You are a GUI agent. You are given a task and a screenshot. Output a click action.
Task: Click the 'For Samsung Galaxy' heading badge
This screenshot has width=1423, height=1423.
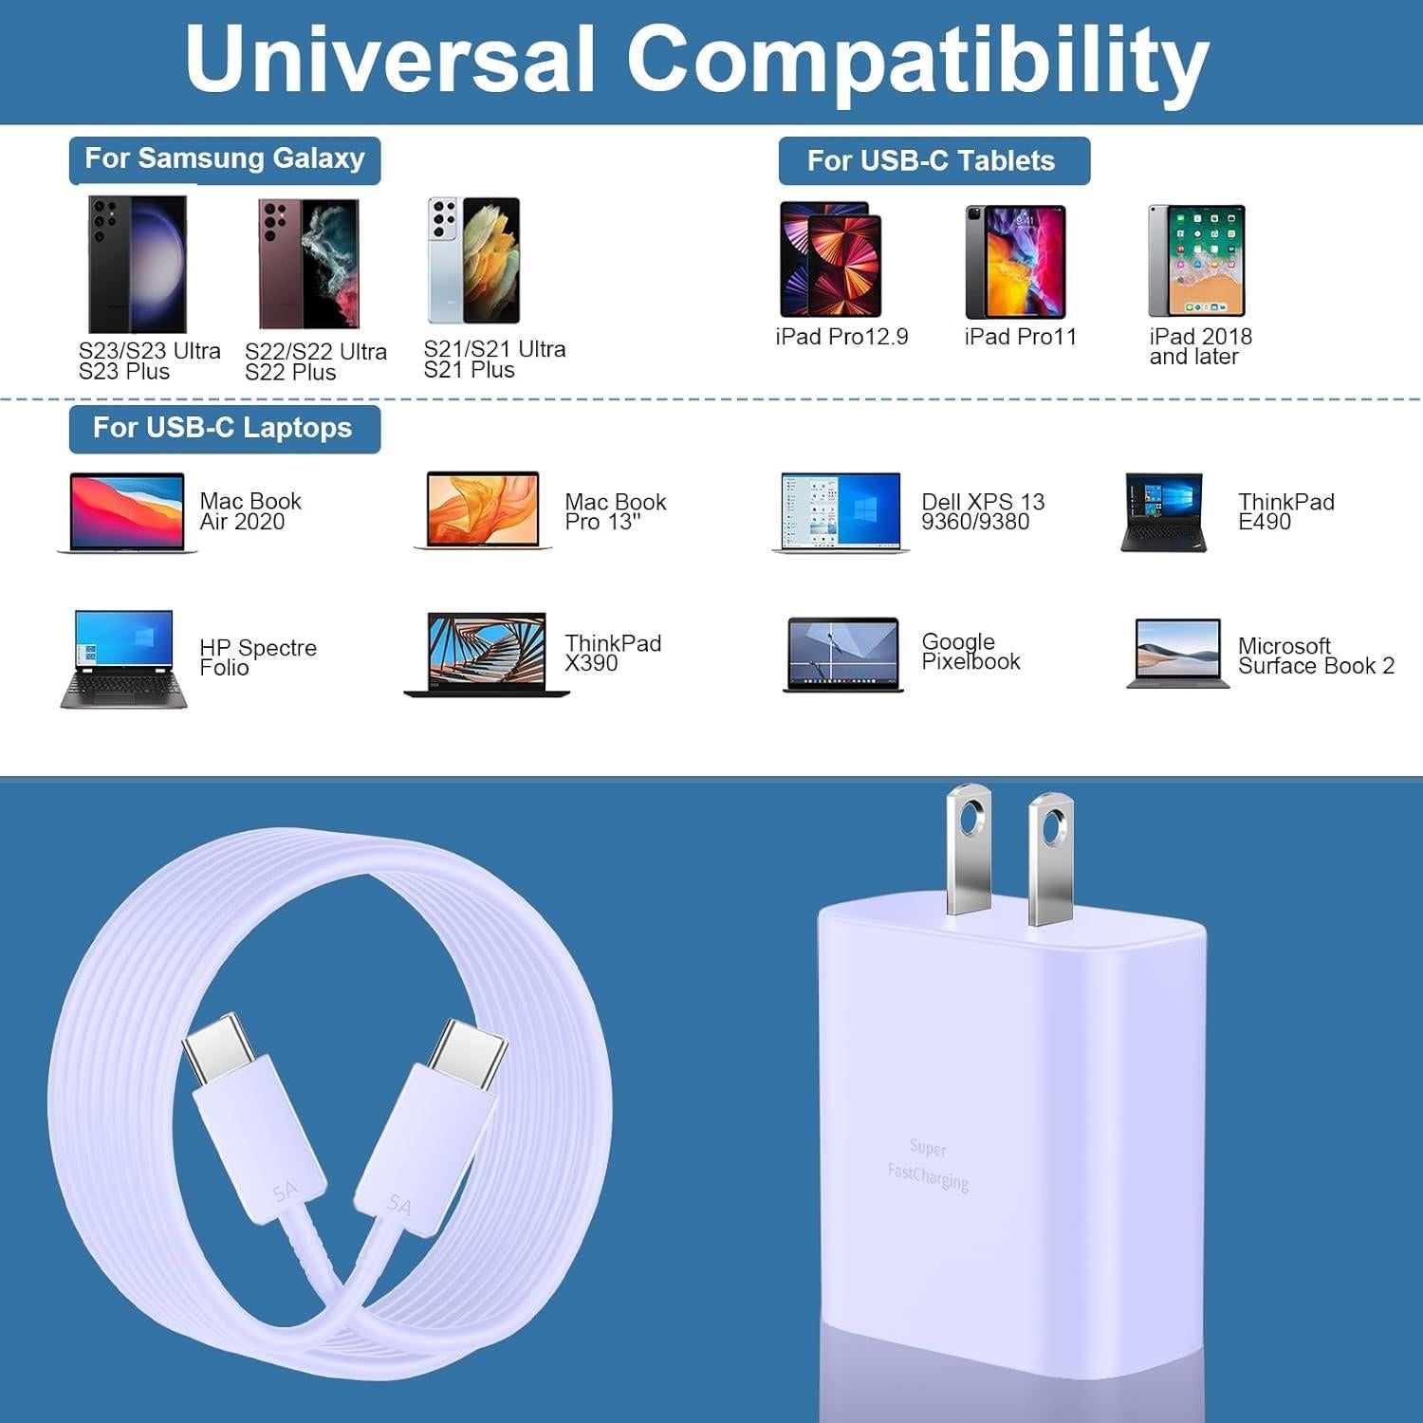point(225,159)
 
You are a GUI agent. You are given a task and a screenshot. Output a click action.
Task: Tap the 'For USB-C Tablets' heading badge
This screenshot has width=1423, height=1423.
point(933,161)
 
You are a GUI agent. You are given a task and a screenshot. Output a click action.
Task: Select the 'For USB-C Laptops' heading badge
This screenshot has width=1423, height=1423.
point(224,429)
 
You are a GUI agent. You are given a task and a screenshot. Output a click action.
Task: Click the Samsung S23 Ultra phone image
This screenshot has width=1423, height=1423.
point(137,264)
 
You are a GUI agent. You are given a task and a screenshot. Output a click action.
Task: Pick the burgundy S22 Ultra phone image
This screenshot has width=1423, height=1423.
point(308,264)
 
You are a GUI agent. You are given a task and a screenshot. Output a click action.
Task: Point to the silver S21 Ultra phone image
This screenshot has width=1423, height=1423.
point(473,260)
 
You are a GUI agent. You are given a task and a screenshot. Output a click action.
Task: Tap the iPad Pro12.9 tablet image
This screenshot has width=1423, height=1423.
point(830,260)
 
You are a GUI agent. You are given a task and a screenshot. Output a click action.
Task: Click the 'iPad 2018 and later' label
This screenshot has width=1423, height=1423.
point(1200,346)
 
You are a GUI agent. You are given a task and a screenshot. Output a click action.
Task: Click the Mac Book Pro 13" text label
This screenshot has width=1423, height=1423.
point(615,511)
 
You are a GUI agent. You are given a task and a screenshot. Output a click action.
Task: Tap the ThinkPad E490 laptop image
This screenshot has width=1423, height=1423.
point(1163,512)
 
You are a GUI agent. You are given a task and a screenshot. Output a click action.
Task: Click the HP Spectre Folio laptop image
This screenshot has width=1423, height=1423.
point(123,658)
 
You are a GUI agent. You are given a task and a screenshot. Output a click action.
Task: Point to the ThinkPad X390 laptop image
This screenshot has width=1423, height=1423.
point(487,655)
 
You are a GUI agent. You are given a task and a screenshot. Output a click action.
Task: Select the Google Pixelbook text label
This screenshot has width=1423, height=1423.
point(970,652)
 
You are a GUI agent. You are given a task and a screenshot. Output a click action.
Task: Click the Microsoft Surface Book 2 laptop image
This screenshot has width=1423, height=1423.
point(1177,653)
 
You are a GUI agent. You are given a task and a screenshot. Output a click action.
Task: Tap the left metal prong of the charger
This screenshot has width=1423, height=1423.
point(969,847)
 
